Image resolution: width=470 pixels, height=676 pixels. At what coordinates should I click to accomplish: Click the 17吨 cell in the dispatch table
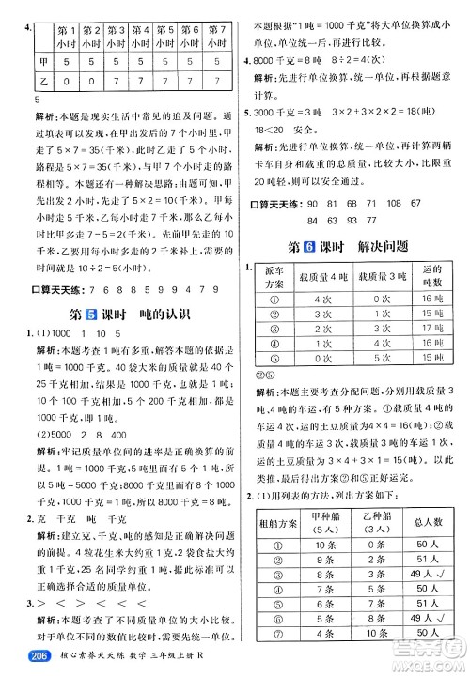pyautogui.click(x=432, y=328)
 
